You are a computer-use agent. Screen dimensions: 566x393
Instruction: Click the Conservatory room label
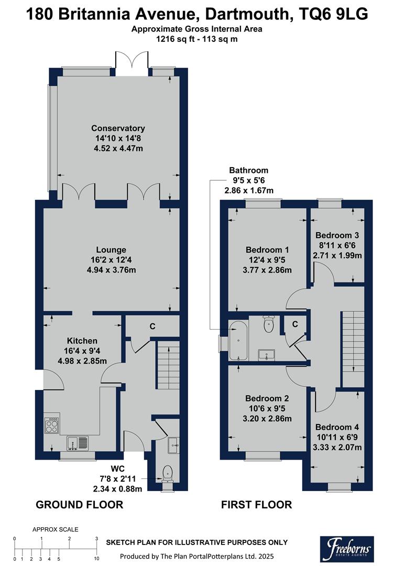(x=118, y=128)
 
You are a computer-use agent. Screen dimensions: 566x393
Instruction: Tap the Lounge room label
(x=111, y=250)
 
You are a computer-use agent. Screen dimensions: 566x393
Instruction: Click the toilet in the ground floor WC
(x=168, y=473)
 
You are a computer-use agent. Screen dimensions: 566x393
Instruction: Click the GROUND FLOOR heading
(x=79, y=505)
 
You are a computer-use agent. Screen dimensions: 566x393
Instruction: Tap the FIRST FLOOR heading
(x=256, y=505)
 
